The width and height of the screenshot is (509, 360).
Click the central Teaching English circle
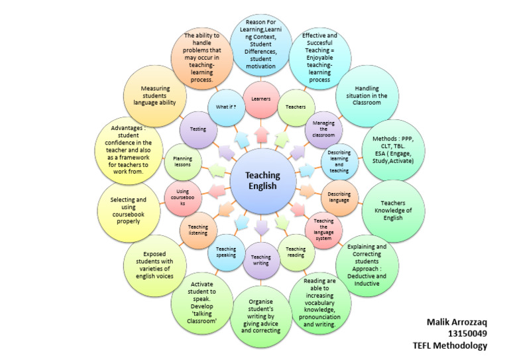point(263,180)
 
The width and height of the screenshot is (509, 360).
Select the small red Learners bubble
point(260,99)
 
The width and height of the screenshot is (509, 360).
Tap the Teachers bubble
point(295,107)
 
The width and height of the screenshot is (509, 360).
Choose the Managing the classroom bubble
point(323,128)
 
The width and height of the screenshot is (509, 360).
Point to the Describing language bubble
point(339,196)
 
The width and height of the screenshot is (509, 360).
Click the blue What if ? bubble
point(226,107)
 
